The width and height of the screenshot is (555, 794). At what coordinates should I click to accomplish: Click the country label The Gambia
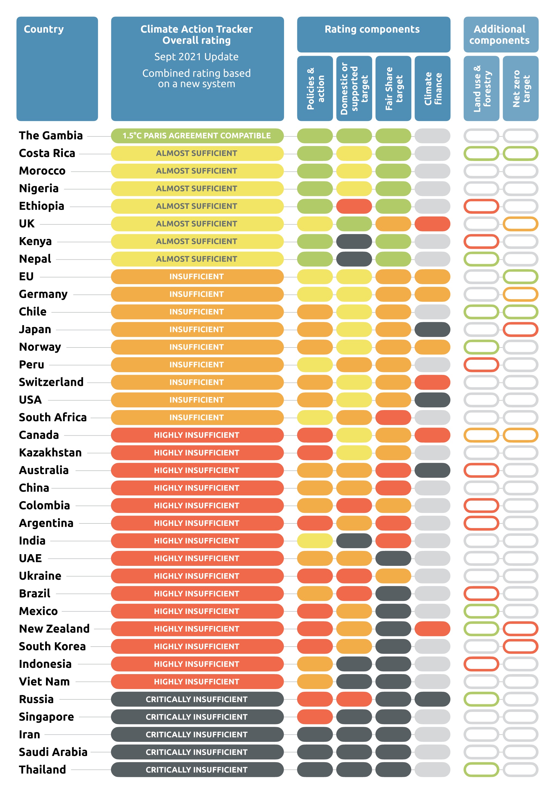[x=51, y=136]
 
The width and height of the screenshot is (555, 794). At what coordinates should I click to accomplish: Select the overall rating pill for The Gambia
[x=197, y=136]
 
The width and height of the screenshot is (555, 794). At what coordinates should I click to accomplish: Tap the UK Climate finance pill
[x=432, y=224]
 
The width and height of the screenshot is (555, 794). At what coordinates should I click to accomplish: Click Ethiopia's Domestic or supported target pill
[x=354, y=206]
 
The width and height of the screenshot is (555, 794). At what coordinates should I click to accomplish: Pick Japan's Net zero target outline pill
[x=520, y=330]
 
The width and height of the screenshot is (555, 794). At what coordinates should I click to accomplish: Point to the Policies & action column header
[x=315, y=89]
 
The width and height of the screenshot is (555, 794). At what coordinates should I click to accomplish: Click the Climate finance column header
[x=432, y=89]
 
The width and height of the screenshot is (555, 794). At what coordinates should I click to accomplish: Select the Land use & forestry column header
[x=481, y=89]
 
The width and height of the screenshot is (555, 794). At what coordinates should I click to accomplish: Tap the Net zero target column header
[x=520, y=89]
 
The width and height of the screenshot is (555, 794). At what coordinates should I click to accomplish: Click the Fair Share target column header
[x=393, y=89]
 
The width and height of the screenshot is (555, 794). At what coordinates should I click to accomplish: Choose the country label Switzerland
[x=51, y=382]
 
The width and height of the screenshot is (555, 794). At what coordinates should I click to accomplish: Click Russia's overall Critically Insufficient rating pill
[x=197, y=699]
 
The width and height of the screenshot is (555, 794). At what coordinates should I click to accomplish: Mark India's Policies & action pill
[x=315, y=541]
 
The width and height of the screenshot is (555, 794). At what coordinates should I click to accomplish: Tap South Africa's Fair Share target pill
[x=393, y=417]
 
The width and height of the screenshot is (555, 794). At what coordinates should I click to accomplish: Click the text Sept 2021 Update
[x=196, y=57]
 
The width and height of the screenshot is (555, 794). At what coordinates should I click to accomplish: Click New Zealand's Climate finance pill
[x=432, y=629]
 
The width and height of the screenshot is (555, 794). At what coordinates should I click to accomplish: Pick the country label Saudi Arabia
[x=53, y=752]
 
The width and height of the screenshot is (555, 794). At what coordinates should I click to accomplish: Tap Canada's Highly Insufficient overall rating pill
[x=197, y=435]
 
